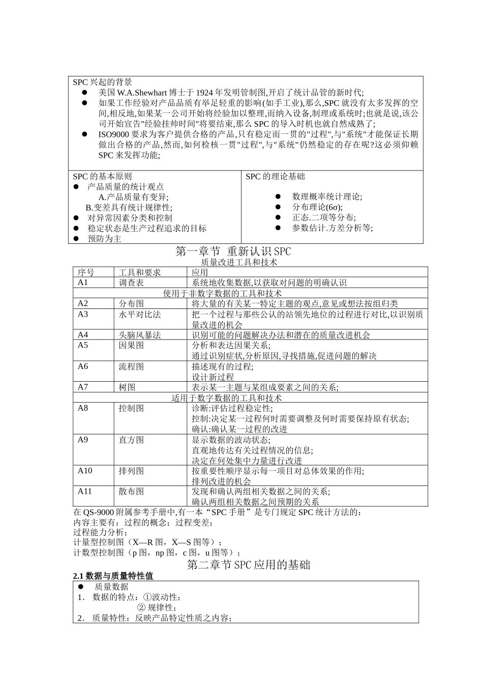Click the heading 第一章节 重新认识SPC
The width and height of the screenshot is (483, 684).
click(x=233, y=251)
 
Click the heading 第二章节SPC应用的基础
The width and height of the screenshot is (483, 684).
click(x=249, y=565)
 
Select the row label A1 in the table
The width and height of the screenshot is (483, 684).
click(x=83, y=282)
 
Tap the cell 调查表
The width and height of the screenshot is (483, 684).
click(x=131, y=282)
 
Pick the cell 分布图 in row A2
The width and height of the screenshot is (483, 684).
click(x=131, y=303)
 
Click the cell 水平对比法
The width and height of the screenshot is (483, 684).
click(x=139, y=314)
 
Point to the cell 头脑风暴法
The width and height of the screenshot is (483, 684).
click(x=139, y=335)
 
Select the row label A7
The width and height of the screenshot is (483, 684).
click(x=83, y=387)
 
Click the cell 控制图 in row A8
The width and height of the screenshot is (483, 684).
click(x=131, y=408)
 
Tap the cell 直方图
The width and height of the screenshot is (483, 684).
click(x=131, y=440)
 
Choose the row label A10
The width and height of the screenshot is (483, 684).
click(x=85, y=471)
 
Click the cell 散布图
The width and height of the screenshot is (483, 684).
click(x=131, y=492)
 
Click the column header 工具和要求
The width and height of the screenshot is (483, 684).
click(x=139, y=272)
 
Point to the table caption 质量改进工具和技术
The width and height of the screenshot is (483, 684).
click(x=239, y=262)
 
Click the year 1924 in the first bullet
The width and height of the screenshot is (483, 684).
click(x=204, y=92)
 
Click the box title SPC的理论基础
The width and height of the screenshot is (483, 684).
click(x=275, y=177)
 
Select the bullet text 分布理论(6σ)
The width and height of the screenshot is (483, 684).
click(x=317, y=207)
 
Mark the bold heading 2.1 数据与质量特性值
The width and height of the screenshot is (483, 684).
click(x=113, y=576)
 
